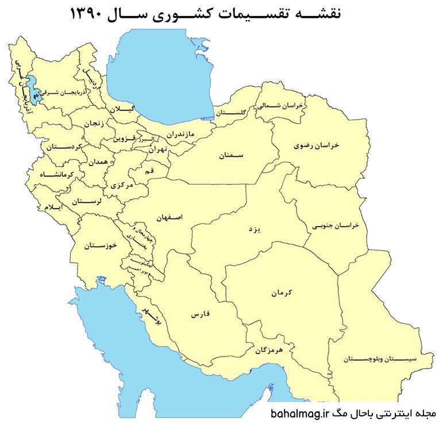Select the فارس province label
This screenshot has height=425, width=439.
(198, 316)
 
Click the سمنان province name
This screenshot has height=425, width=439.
(232, 155)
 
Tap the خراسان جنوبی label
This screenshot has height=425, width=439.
(336, 225)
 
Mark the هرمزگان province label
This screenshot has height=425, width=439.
(268, 349)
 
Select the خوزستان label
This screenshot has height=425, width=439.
(100, 246)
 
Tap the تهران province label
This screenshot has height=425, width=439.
(157, 150)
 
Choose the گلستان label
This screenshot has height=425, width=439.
(234, 112)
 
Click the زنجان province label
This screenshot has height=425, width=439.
(95, 124)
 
